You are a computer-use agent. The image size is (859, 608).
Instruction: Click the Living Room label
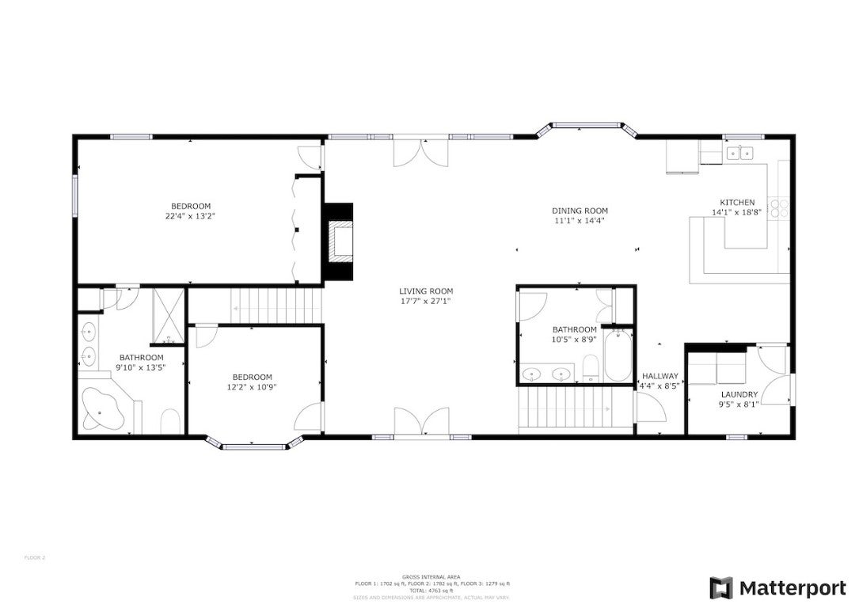426,291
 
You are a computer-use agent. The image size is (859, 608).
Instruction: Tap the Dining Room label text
580,211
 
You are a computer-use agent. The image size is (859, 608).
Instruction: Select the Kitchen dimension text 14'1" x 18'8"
736,212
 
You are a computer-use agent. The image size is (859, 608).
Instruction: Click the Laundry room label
739,394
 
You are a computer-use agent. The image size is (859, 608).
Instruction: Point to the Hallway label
659,376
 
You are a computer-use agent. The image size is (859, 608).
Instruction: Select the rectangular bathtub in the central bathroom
618,357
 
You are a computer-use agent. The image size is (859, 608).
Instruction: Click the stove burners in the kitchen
781,207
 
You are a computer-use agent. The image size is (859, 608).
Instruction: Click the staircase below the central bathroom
565,408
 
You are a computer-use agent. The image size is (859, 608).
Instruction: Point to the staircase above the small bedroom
277,305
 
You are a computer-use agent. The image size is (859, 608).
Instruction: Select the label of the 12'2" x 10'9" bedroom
252,377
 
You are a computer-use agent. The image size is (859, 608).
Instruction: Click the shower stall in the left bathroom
168,317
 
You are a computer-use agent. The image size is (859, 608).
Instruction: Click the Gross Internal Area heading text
431,577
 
